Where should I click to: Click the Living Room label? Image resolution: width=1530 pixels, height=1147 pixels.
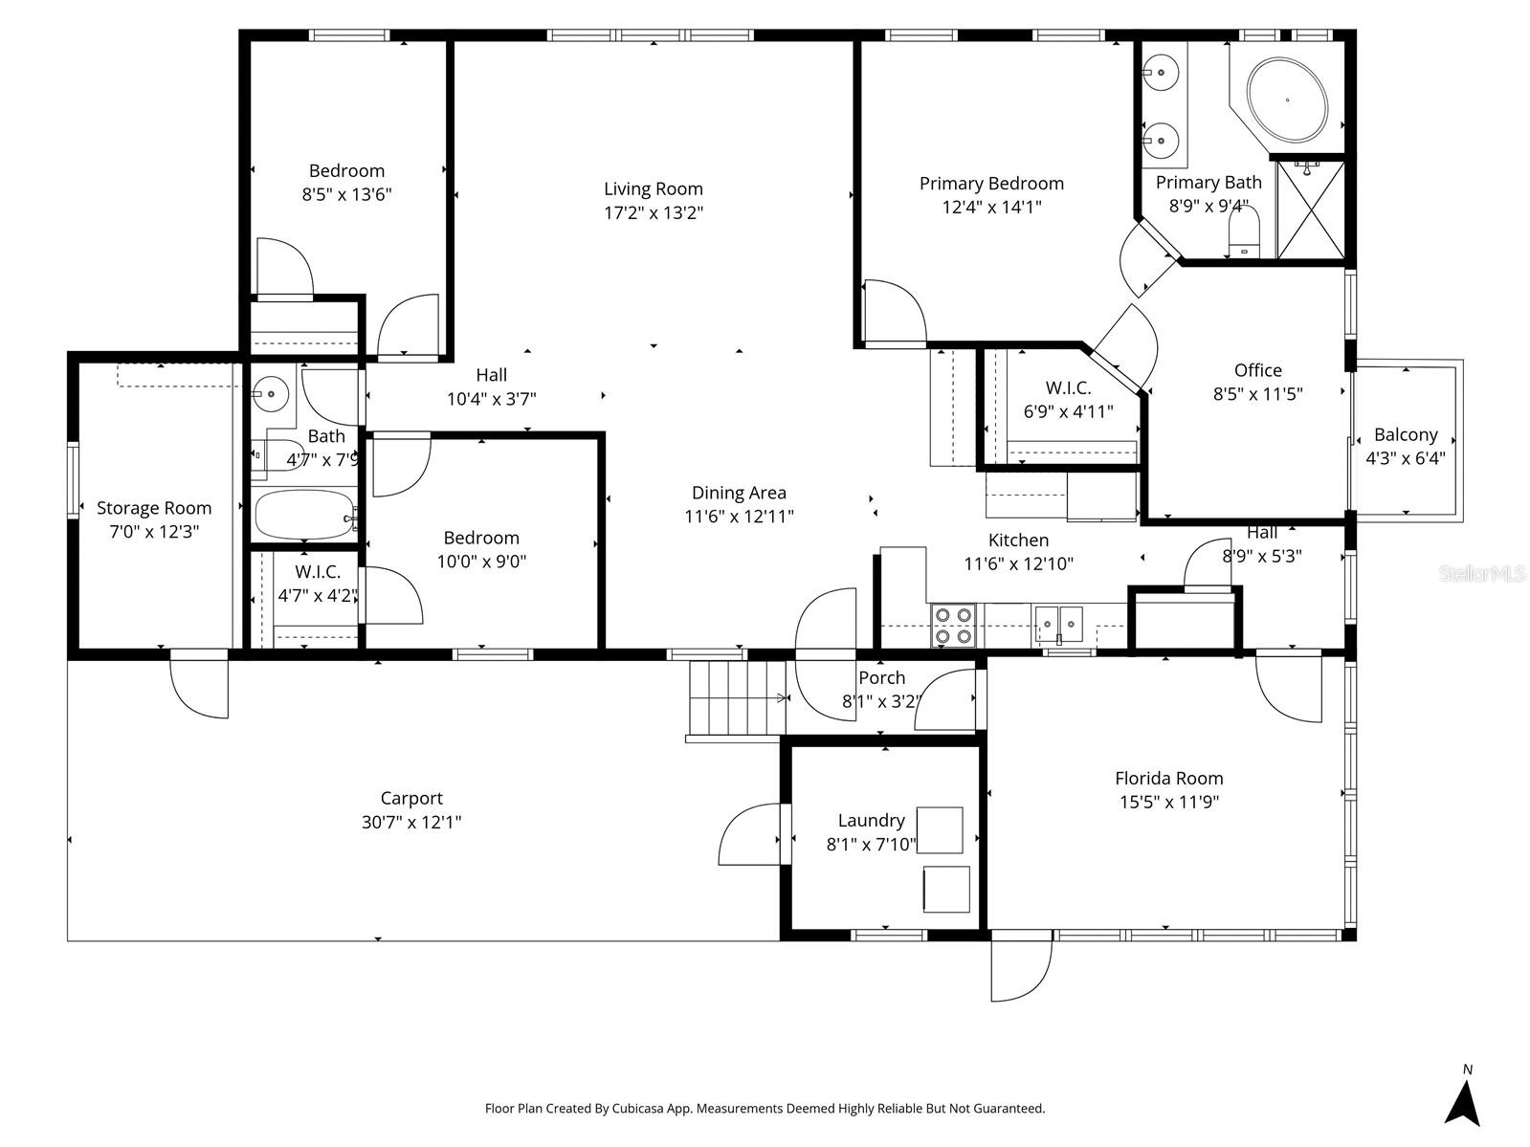click(x=653, y=189)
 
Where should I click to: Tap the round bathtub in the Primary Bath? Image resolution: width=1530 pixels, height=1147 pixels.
click(x=1287, y=99)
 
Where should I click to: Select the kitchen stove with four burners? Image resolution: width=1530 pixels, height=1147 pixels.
click(x=953, y=627)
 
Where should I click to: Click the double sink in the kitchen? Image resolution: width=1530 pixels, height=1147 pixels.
click(x=1058, y=625)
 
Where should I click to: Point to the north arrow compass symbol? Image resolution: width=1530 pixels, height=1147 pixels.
click(x=1462, y=1102)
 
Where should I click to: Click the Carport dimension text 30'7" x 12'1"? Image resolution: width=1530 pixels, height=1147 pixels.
click(x=411, y=822)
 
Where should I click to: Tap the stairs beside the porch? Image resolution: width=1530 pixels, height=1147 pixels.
click(x=736, y=698)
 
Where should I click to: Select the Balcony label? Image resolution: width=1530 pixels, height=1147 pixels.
click(x=1405, y=434)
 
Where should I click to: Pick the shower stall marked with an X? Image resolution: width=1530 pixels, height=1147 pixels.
click(x=1310, y=210)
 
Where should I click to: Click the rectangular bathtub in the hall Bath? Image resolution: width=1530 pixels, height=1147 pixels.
click(x=303, y=516)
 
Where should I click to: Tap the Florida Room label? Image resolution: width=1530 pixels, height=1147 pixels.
click(x=1168, y=779)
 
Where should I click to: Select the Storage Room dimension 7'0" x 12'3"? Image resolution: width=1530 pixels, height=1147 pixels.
click(x=153, y=532)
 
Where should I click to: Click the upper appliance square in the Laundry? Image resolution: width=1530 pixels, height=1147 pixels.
click(x=940, y=829)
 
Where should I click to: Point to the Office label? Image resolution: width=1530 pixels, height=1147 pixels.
click(x=1257, y=370)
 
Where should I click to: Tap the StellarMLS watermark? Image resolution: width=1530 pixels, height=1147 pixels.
click(x=1482, y=574)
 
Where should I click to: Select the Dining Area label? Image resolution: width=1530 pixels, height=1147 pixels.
click(x=739, y=493)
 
